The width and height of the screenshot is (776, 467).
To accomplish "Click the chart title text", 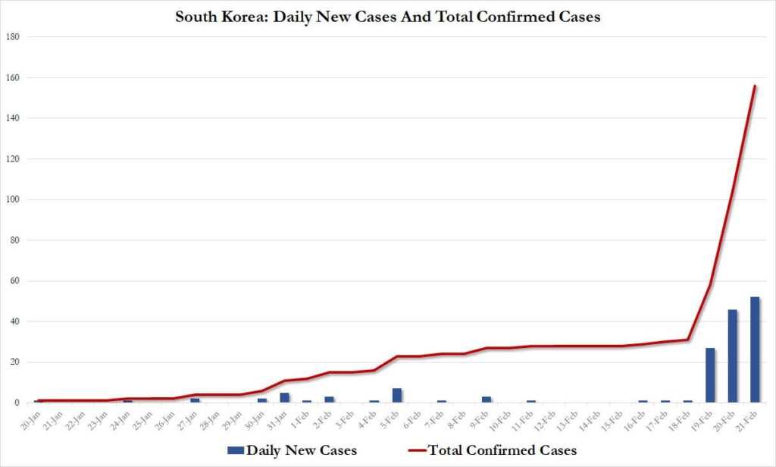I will (x=388, y=16).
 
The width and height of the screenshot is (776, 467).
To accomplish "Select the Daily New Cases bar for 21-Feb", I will (x=755, y=349).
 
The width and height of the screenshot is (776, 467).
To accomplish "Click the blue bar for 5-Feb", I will (x=396, y=395).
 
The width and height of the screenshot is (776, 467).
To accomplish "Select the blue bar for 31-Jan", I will (x=284, y=397).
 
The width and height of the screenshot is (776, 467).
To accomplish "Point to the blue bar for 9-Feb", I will (x=487, y=399).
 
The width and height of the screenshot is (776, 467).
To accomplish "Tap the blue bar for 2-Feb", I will (x=329, y=399).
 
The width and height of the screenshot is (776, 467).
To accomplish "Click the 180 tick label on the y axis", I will (x=13, y=36).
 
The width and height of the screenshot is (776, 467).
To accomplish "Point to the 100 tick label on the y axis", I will (x=13, y=199).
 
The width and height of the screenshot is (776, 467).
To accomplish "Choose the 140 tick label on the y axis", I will (x=13, y=118).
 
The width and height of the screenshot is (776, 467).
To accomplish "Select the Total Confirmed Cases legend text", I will (x=501, y=450).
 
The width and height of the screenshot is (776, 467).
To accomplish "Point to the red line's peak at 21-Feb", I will (x=755, y=86).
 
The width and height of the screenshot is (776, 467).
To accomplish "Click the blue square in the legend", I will (x=235, y=450).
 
